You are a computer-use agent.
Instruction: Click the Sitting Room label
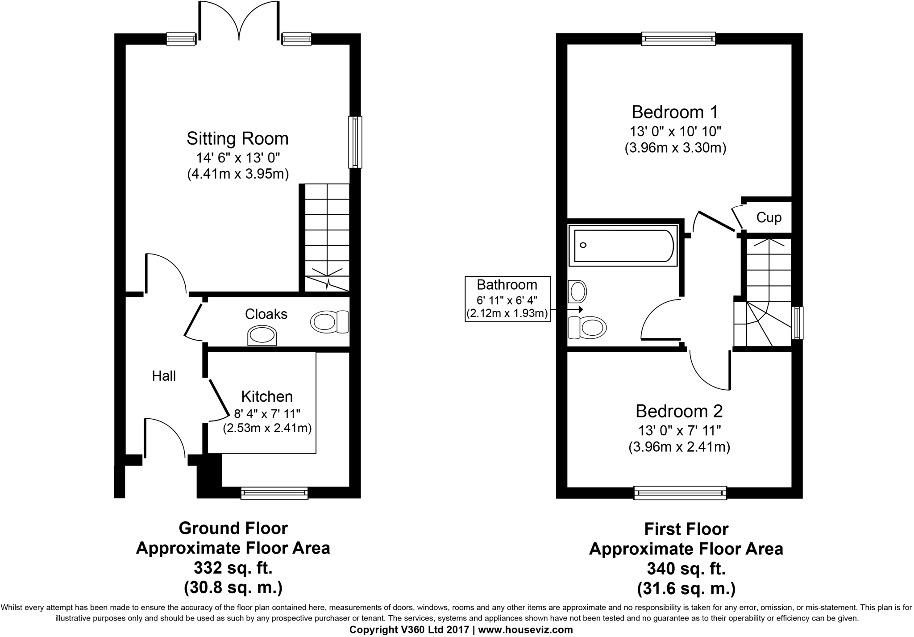[237, 138]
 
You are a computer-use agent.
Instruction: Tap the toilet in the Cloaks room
[329, 322]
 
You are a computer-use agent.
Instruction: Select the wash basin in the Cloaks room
[262, 336]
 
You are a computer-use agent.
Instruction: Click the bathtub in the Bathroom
[623, 246]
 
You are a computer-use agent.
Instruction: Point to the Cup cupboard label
[769, 218]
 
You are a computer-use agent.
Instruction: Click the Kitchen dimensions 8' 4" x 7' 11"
[267, 414]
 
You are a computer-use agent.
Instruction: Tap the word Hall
[164, 376]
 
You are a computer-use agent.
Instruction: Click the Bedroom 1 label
[675, 112]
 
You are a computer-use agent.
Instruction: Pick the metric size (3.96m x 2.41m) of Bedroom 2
[679, 447]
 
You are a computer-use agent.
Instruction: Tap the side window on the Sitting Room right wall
[355, 142]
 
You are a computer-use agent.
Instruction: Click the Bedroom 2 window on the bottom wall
[680, 493]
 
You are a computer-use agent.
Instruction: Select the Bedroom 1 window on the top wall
[678, 38]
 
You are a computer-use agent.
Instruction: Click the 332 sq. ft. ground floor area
[233, 568]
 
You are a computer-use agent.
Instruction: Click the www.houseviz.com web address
[525, 630]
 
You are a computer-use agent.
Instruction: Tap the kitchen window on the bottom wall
[274, 493]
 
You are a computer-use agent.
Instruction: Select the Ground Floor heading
[233, 529]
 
